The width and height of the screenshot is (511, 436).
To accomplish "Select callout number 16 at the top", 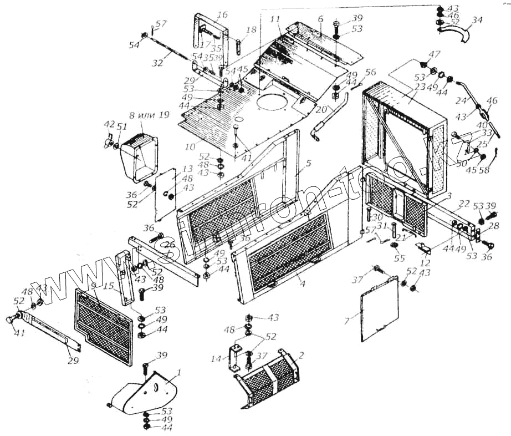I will (222, 14).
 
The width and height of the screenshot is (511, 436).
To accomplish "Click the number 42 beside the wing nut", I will (110, 124).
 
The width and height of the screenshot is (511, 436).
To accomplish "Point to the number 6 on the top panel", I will (320, 18).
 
